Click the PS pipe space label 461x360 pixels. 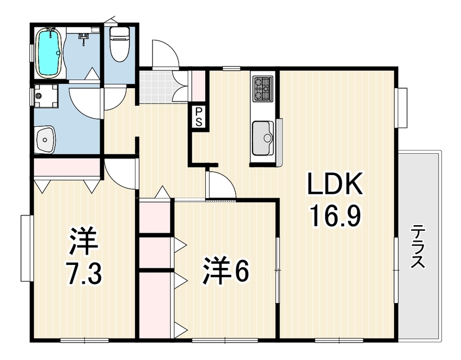pos(199,116)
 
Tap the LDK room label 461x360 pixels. pos(335,183)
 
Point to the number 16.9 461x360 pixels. pos(336,216)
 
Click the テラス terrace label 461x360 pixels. pos(418,247)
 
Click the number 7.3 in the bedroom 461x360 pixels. pos(84,274)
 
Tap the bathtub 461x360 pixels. pos(49,53)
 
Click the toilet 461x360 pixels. pos(119,44)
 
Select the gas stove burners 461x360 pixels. pos(263,88)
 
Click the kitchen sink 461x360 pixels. pos(263,138)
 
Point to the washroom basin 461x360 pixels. pos(46,139)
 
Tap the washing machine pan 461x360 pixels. pos(46,96)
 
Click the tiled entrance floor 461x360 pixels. pos(156,86)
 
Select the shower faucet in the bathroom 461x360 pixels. pos(84,39)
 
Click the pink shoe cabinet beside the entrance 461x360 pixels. pos(198,86)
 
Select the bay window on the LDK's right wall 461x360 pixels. pos(402,108)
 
